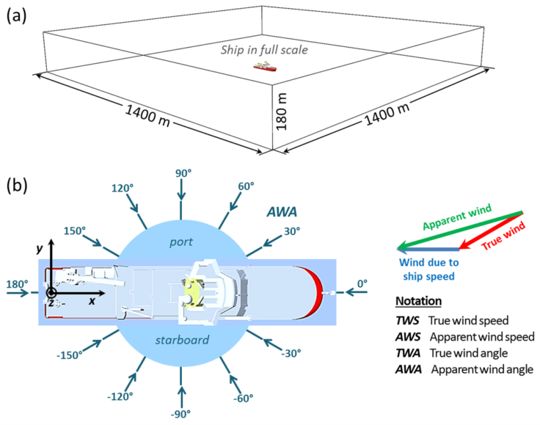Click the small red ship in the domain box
[265, 67]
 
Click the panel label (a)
[16, 16]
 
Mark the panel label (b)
[16, 185]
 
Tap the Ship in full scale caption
[265, 50]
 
